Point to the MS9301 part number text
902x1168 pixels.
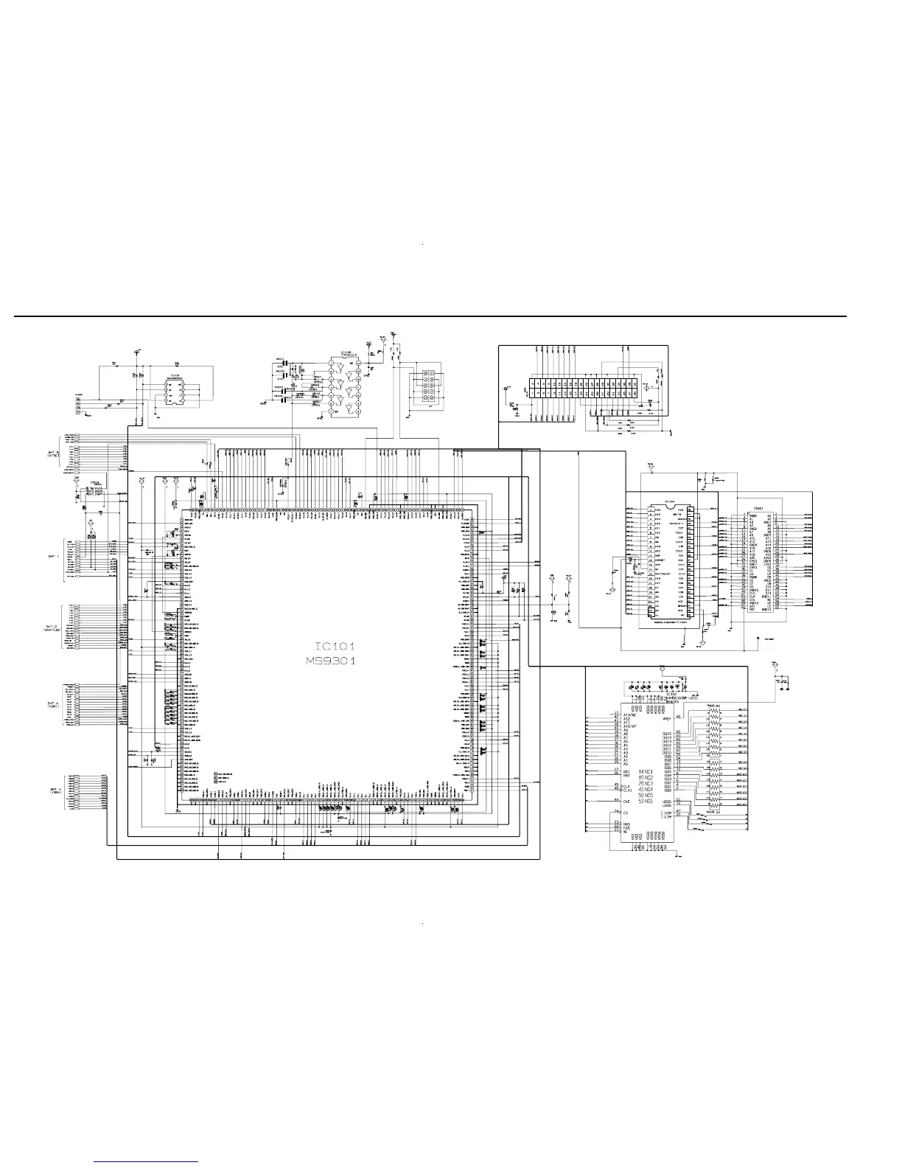pyautogui.click(x=332, y=661)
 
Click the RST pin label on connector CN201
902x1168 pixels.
pyautogui.click(x=752, y=610)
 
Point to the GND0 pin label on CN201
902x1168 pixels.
pyautogui.click(x=754, y=516)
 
